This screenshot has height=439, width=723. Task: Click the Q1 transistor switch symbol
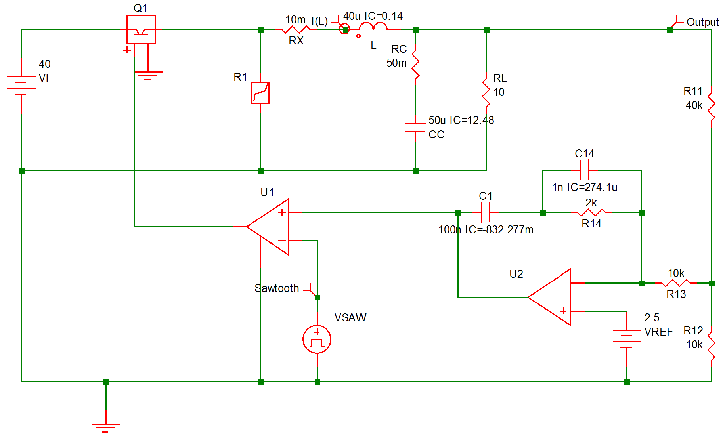point(141,30)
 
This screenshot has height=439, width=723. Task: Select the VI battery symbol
point(21,85)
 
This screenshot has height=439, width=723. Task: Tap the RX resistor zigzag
point(296,29)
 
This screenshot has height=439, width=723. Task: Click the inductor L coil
point(373,27)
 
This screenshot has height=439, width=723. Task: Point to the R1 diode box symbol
point(260,93)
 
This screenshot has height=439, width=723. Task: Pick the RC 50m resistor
point(415,63)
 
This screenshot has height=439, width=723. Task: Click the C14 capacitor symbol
point(584,170)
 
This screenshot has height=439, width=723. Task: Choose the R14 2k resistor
point(591,213)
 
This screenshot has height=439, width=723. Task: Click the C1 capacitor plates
point(486,213)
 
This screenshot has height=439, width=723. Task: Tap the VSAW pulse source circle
point(317,340)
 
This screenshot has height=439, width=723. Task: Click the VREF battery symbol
point(627,336)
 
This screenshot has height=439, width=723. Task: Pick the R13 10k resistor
point(676,283)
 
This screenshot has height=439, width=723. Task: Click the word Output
point(702,22)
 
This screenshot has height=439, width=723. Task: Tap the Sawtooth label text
point(277,288)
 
